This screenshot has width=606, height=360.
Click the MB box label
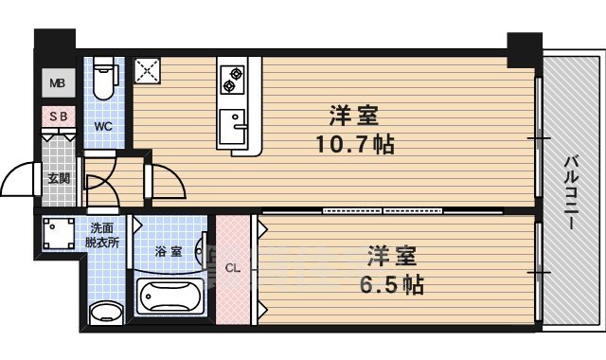pyautogui.click(x=58, y=83)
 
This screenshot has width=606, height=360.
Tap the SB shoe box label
pyautogui.click(x=58, y=117)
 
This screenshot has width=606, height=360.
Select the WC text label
pyautogui.click(x=103, y=125)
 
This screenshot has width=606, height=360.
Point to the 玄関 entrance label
pyautogui.click(x=58, y=177)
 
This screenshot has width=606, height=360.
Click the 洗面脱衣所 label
pyautogui.click(x=104, y=235)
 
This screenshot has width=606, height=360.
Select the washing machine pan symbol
pyautogui.click(x=59, y=233)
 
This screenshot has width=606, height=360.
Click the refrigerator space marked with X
pyautogui.click(x=148, y=70)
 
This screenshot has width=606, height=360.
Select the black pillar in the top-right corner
pyautogui.click(x=522, y=49)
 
